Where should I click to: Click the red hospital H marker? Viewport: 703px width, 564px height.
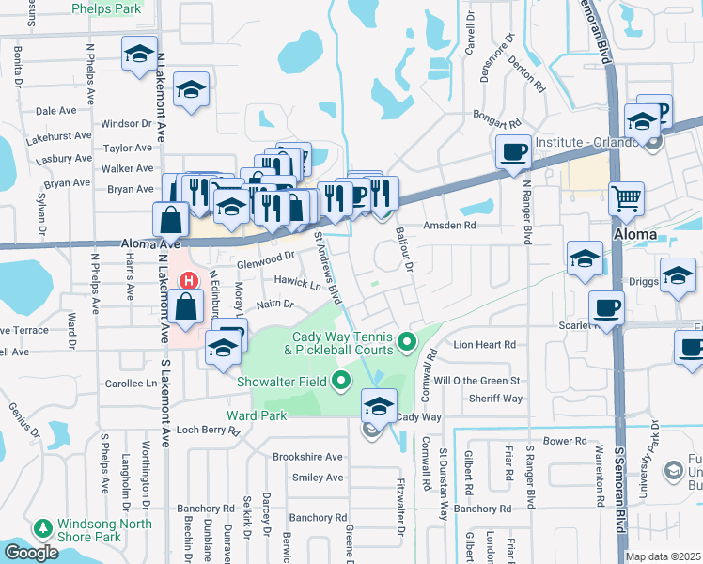pos(189,281)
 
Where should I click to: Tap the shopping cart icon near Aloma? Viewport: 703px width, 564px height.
pos(626,199)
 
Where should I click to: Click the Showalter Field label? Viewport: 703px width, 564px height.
pos(282,381)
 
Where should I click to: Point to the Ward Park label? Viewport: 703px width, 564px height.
pos(255,414)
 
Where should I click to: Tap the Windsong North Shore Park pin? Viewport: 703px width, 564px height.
pos(42,528)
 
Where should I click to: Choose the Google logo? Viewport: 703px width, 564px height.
pos(30,553)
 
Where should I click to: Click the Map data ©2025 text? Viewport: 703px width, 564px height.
pos(664,556)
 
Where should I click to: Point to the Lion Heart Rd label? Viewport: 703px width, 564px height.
pos(485,345)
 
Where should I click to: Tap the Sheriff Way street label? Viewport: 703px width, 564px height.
pos(497,399)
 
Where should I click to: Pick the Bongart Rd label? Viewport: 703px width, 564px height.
pos(498,123)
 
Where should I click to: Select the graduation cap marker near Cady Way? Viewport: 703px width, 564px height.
pos(378,405)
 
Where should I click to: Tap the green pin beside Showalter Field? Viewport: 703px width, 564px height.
pos(340,381)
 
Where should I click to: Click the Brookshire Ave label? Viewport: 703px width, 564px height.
pos(306,457)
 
